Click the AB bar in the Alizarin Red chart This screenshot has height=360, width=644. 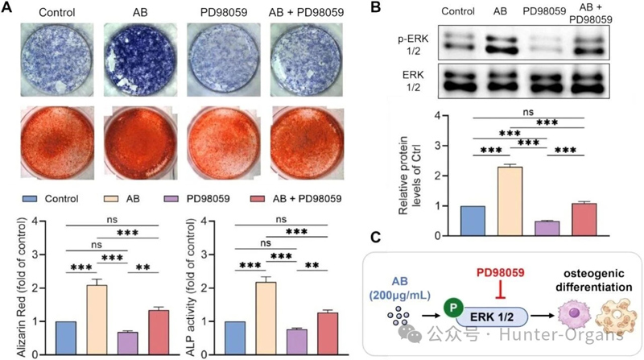pos(97,320)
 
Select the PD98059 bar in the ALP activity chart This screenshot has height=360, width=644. pos(297,342)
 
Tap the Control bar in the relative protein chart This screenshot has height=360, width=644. pos(473,221)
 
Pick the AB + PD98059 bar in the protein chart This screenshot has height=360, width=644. pos(584,219)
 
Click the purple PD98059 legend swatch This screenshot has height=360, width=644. pos(171,199)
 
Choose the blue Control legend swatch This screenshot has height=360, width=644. pos(29,199)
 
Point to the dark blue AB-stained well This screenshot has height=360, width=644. pos(140,60)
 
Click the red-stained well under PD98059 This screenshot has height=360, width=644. pos(224,143)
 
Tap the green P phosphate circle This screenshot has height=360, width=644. pos(453,307)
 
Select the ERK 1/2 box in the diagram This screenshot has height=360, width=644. pos(491,317)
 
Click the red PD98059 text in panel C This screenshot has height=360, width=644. pos(500,272)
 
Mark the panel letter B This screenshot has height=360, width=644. pos(375,7)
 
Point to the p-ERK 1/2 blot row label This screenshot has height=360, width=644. pos(413,45)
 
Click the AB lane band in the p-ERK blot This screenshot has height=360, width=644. pos(500,45)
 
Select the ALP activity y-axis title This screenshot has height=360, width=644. pos(191,288)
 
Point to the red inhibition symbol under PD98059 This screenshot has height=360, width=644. pos(500,290)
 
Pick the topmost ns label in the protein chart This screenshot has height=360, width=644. pos(528,112)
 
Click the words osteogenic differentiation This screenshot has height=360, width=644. pos(594,280)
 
